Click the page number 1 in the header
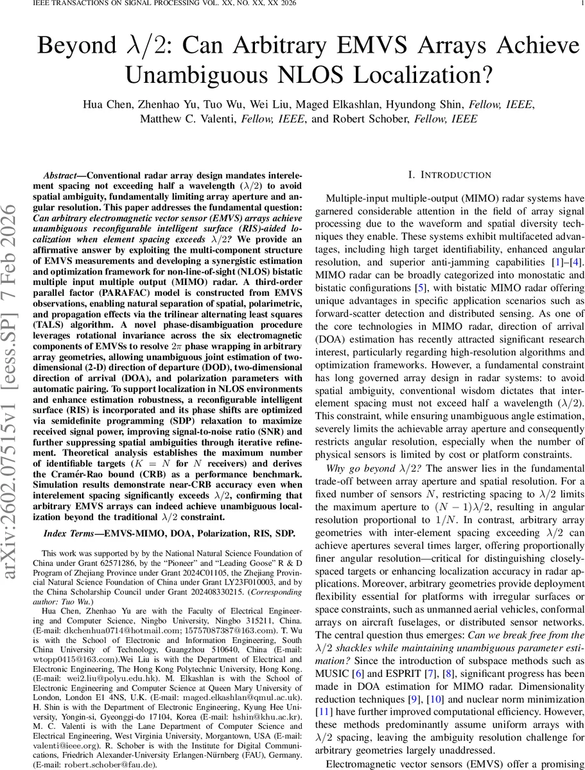tap(581, 4)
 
